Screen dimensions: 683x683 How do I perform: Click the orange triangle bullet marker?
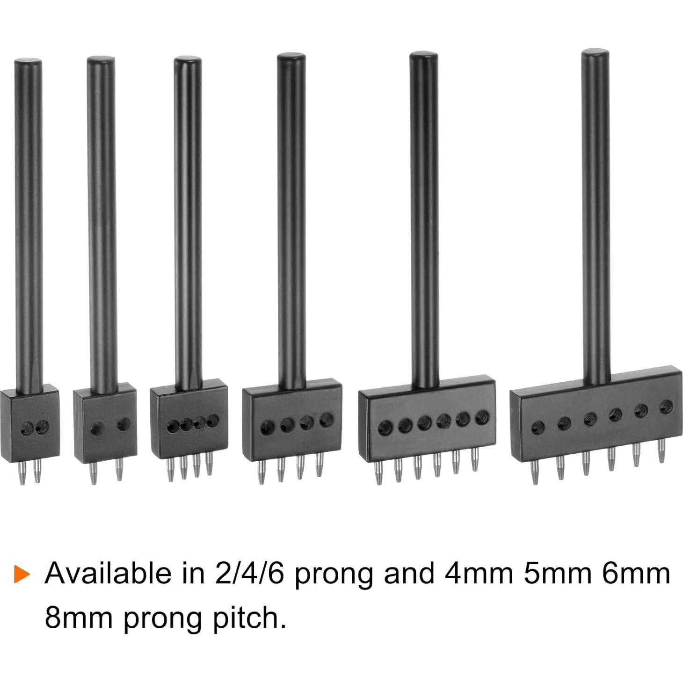point(22,574)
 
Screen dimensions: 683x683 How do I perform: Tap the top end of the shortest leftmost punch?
point(28,62)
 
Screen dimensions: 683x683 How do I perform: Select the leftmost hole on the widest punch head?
point(538,427)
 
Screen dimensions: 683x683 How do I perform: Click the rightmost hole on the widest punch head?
point(666,406)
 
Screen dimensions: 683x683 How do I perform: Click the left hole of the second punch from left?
point(97,429)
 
